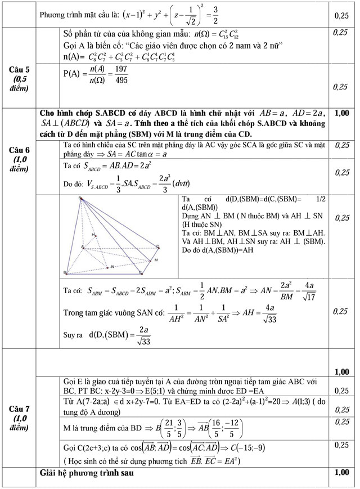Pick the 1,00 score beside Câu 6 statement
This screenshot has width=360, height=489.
tap(341, 113)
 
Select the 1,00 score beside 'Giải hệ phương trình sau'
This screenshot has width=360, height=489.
tap(341, 473)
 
